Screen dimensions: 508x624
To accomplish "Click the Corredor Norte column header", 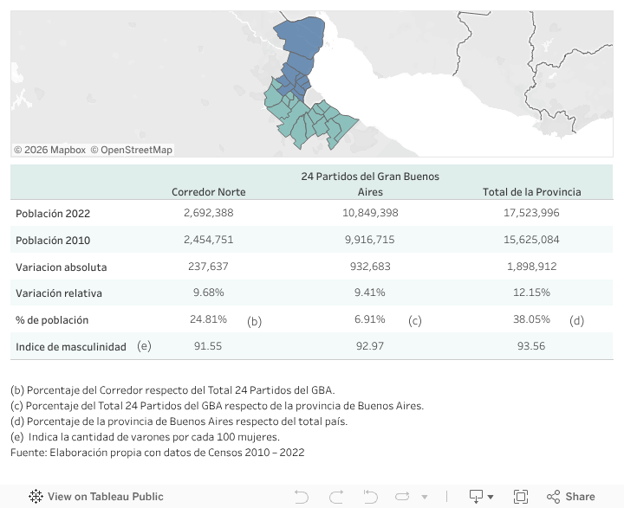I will pyautogui.click(x=208, y=192).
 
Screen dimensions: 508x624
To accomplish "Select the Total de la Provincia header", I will pyautogui.click(x=531, y=192).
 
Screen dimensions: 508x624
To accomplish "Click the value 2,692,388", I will pyautogui.click(x=208, y=213).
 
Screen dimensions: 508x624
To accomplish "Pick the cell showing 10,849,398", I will pyautogui.click(x=370, y=213).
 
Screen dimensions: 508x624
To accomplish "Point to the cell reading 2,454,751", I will pyautogui.click(x=208, y=240).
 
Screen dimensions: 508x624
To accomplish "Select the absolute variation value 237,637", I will pyautogui.click(x=208, y=267).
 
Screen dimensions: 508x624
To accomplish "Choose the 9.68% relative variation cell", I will pyautogui.click(x=208, y=293).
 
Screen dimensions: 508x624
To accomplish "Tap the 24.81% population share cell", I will pyautogui.click(x=208, y=319).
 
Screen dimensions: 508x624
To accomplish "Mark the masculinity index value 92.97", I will pyautogui.click(x=370, y=346).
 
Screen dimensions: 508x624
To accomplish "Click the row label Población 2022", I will pyautogui.click(x=53, y=213).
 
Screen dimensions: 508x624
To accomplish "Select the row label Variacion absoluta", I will pyautogui.click(x=62, y=267).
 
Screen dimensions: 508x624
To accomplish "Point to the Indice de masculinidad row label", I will pyautogui.click(x=71, y=346).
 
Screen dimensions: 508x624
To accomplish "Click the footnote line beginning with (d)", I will pyautogui.click(x=179, y=421).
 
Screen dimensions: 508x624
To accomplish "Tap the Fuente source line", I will pyautogui.click(x=157, y=453).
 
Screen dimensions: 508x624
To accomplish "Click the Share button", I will pyautogui.click(x=571, y=497).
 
